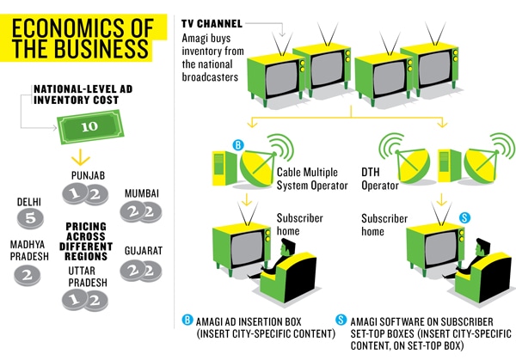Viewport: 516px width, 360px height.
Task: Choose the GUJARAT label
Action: [x=142, y=249]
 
